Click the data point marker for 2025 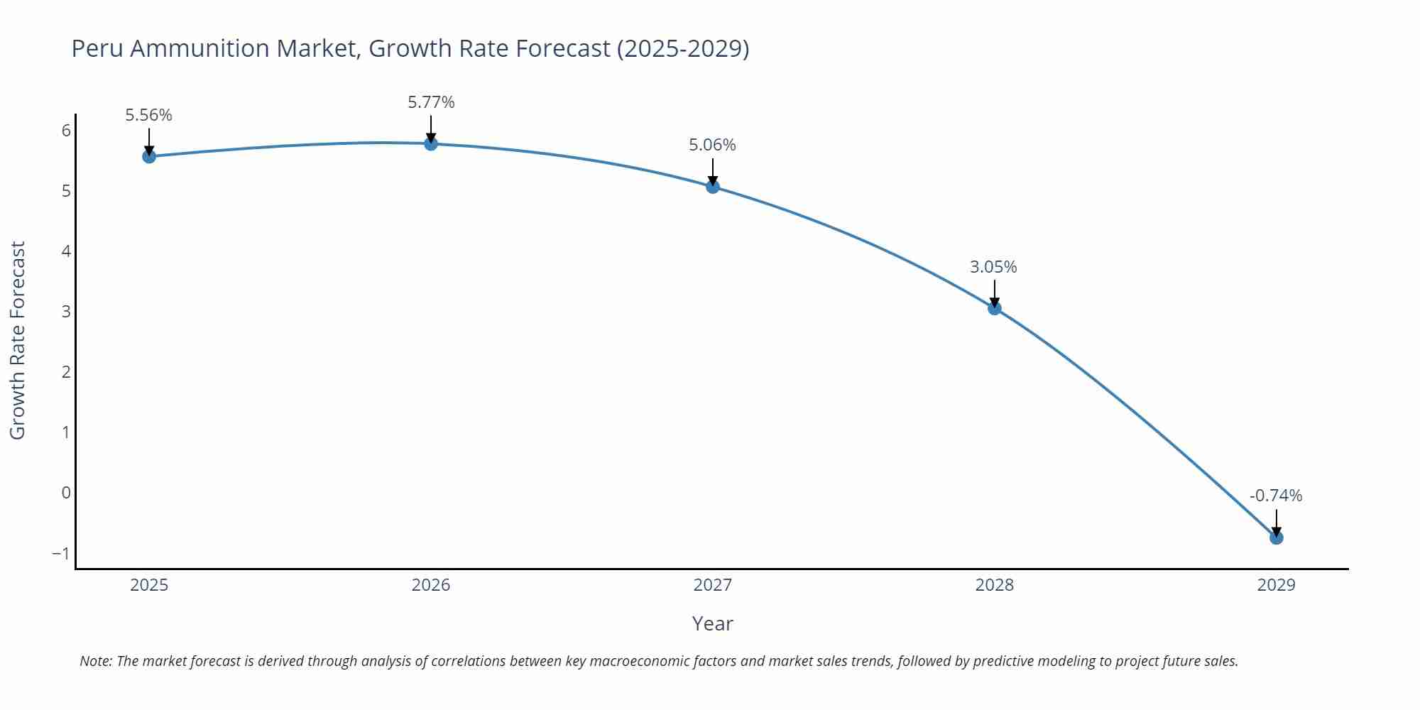point(149,156)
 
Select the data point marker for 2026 point(431,143)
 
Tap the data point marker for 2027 point(713,187)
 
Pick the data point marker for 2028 point(995,308)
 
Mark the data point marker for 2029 point(1276,537)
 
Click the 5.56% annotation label point(149,115)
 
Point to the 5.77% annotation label point(431,102)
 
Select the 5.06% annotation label point(712,145)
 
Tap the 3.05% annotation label point(993,267)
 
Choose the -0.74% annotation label point(1276,496)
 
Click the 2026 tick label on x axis point(431,585)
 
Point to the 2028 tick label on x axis point(994,585)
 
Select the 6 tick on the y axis point(66,131)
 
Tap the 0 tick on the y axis point(66,493)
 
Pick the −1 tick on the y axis point(61,553)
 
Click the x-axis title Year point(712,623)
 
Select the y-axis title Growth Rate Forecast point(18,341)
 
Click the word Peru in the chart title point(98,48)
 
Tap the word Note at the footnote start point(95,661)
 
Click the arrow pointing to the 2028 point point(995,294)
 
